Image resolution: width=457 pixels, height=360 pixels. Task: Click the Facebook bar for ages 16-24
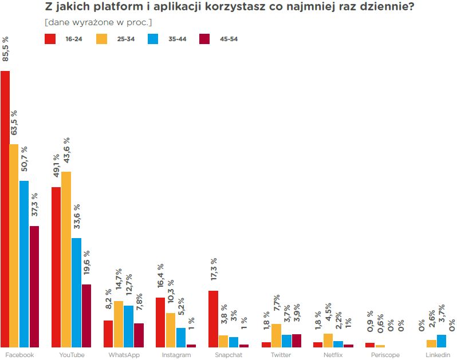[x=5, y=209]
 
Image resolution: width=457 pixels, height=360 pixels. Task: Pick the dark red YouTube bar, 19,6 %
[x=86, y=315]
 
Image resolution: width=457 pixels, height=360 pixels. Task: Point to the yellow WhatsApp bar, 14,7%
[x=119, y=324]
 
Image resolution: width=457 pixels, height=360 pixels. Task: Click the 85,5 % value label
[x=6, y=49]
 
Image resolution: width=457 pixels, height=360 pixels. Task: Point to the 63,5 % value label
[x=15, y=122]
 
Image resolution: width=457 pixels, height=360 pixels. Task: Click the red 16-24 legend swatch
[x=50, y=39]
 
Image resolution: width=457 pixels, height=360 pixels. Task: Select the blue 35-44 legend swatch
[x=153, y=39]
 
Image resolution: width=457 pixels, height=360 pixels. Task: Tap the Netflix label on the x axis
[x=333, y=355]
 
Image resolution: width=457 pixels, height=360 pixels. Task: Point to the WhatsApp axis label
[x=124, y=355]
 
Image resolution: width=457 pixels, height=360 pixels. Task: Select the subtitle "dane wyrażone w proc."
[x=98, y=22]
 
